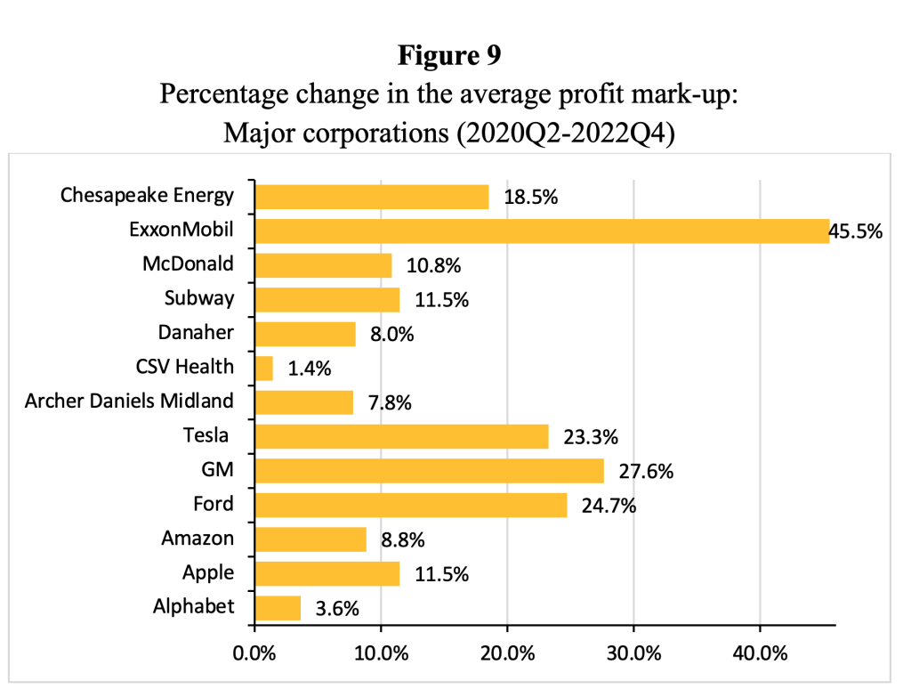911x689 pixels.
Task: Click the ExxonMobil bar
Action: click(542, 231)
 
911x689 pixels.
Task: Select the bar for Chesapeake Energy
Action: click(372, 197)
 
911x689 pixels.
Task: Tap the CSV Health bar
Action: click(264, 368)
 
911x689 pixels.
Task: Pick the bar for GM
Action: click(429, 471)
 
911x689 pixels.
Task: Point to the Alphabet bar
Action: click(278, 608)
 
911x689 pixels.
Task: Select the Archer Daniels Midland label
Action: click(130, 401)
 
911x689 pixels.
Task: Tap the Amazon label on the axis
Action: click(198, 538)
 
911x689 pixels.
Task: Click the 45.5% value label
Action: click(856, 232)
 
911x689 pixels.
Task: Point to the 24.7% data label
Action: click(609, 507)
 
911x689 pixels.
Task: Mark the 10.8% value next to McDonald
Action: click(432, 266)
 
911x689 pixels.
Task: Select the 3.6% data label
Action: click(337, 609)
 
